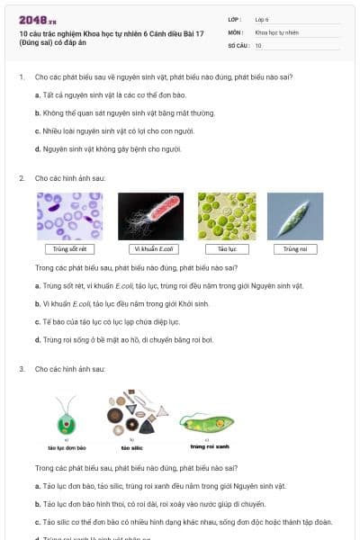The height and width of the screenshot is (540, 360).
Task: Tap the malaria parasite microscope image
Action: click(69, 215)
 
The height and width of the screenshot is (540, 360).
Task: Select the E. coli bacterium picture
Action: click(151, 215)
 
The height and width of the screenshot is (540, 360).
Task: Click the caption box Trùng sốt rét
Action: click(69, 248)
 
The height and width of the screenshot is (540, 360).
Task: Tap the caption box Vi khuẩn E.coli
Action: click(151, 248)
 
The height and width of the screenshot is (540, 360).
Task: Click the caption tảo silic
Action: click(130, 446)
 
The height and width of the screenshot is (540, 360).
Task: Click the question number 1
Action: click(21, 77)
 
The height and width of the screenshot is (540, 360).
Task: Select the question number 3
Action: click(21, 369)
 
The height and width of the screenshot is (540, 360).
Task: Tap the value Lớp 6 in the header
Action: click(262, 18)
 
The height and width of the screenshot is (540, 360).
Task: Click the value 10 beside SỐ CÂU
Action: click(258, 44)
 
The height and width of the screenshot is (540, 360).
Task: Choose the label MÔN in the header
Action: click(235, 31)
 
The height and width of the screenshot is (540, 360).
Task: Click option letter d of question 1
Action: click(37, 147)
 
